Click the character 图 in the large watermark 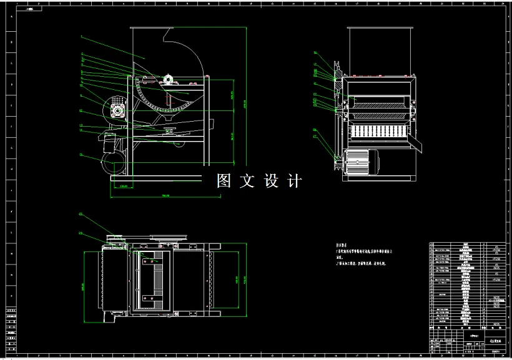point(224,181)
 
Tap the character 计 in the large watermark point(294,181)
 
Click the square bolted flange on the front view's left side point(117,110)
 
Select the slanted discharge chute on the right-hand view point(418,144)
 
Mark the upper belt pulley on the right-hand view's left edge point(335,71)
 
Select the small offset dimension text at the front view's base point(123,186)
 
